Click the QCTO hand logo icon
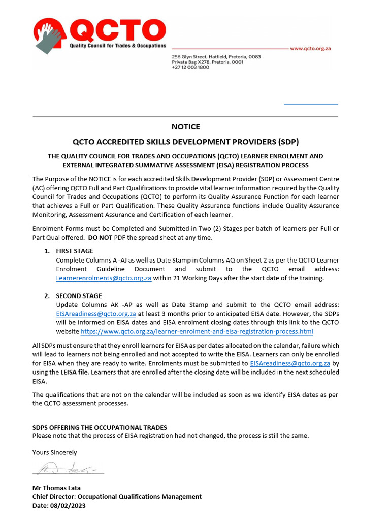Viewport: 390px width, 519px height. click(49, 35)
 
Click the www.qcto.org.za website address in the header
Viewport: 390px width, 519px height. click(310, 49)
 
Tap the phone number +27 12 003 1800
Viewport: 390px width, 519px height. click(190, 67)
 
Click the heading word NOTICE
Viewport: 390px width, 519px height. click(186, 127)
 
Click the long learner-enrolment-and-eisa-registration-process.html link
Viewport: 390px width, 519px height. click(197, 331)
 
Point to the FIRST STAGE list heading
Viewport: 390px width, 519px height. click(75, 251)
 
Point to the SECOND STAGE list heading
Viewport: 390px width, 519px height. click(79, 296)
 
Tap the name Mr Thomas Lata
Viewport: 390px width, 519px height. click(56, 488)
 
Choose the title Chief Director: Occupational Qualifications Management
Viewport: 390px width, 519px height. click(117, 497)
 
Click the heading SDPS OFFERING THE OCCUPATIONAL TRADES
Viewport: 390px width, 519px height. click(100, 428)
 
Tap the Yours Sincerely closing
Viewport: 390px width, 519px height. click(55, 452)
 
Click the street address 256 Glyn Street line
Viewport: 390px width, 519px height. click(216, 57)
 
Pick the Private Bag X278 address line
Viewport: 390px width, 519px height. click(207, 62)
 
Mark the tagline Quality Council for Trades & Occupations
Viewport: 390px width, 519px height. click(118, 46)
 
